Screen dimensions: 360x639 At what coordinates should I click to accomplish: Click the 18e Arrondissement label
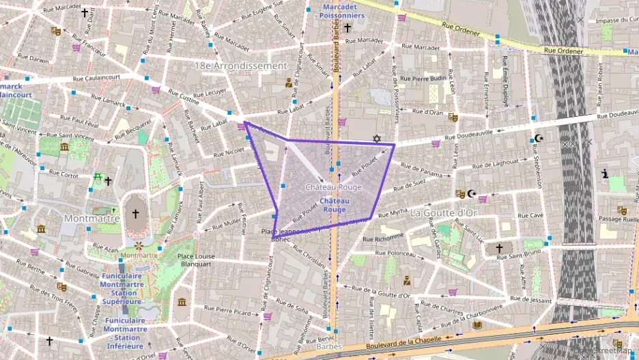(241, 66)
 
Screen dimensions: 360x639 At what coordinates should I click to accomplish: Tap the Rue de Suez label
(410, 184)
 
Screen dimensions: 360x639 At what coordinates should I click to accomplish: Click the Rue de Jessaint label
(530, 299)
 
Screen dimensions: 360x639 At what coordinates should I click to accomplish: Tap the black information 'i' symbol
(605, 174)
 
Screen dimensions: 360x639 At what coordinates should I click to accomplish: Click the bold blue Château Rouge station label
(335, 205)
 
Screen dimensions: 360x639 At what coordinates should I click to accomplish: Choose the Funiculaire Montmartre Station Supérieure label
(122, 288)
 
